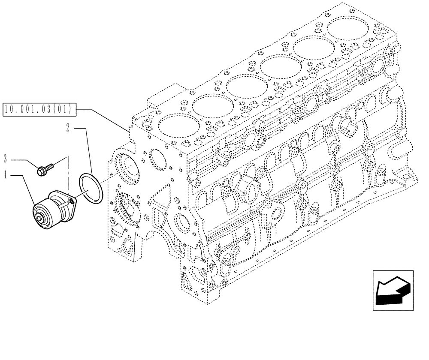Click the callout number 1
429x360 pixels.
5,176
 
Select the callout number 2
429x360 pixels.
68,127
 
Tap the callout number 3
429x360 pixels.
5,160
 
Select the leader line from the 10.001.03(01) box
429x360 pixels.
107,118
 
